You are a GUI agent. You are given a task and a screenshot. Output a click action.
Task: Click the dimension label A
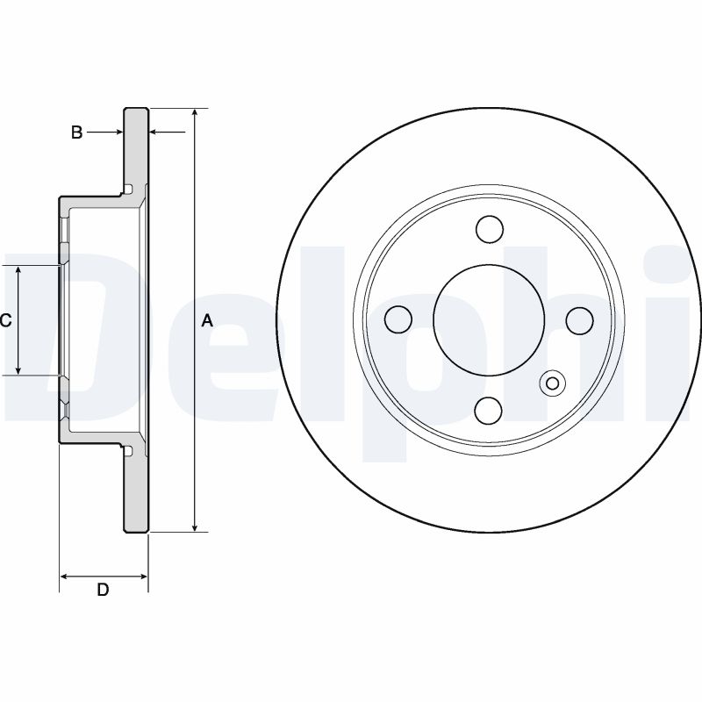click(207, 321)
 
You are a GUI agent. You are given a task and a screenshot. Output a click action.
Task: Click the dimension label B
click(76, 133)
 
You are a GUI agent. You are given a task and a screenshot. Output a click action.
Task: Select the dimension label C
click(5, 321)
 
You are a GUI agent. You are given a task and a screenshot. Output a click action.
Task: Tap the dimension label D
click(103, 591)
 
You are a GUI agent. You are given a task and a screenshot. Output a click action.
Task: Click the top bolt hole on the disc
click(490, 230)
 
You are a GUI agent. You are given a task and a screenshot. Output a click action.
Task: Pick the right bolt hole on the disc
click(579, 319)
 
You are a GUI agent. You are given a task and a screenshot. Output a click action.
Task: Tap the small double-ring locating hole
click(553, 383)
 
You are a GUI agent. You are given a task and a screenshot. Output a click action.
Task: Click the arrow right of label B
click(116, 133)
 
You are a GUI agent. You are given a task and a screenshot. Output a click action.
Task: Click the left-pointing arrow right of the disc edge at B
click(155, 133)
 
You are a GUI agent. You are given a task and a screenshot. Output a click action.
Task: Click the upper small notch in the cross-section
click(130, 189)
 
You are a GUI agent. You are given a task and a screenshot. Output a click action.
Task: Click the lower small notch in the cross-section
click(130, 452)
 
